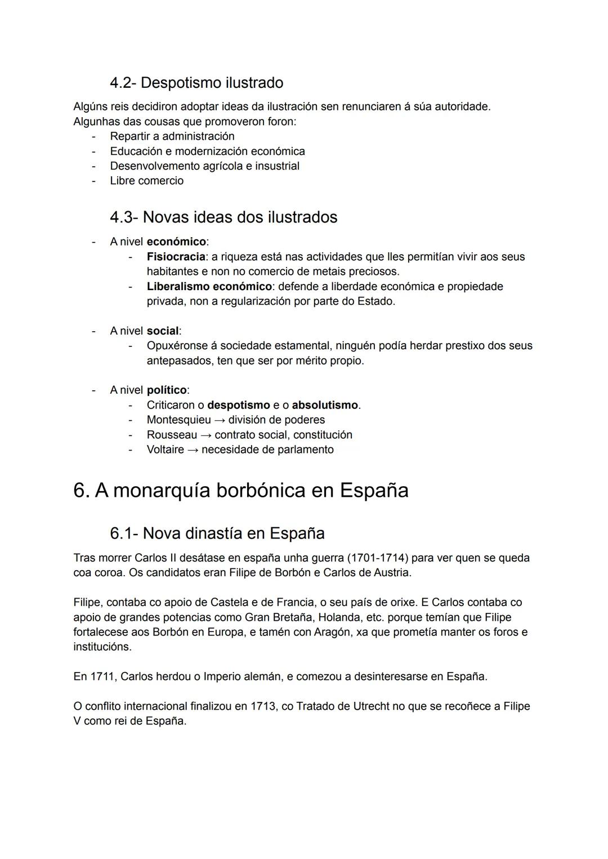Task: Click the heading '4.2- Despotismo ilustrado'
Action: pos(196,83)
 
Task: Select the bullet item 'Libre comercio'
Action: pos(146,181)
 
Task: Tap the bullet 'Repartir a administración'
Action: pos(172,136)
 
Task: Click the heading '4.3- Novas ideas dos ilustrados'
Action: pos(223,217)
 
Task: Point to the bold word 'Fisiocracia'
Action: pos(176,257)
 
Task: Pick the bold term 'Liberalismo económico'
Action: pos(208,287)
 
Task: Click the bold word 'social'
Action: pos(162,331)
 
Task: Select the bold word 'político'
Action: pos(167,390)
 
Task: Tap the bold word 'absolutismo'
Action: pos(325,405)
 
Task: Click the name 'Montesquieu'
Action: pos(178,420)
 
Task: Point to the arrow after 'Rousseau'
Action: pos(206,435)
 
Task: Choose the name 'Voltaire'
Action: pos(165,450)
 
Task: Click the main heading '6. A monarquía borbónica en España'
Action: pos(241,490)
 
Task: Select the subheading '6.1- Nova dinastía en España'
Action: pos(217,533)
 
